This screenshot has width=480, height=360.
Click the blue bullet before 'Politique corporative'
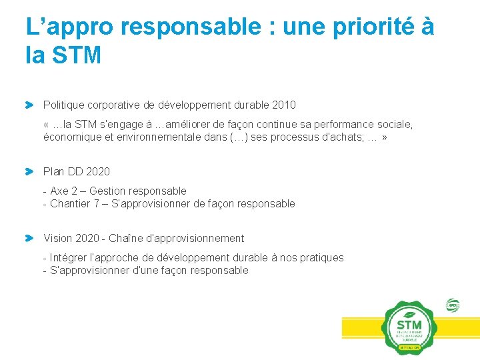[x=29, y=105]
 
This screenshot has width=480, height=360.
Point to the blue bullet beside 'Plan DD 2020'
[x=29, y=172]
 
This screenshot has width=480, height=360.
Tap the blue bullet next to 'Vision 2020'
[x=29, y=238]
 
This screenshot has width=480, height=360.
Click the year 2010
[x=285, y=105]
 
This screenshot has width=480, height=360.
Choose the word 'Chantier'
[x=70, y=204]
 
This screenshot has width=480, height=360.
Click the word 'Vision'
[x=57, y=239]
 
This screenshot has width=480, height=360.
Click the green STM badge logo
[x=409, y=327]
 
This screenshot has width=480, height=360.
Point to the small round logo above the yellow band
[x=453, y=305]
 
